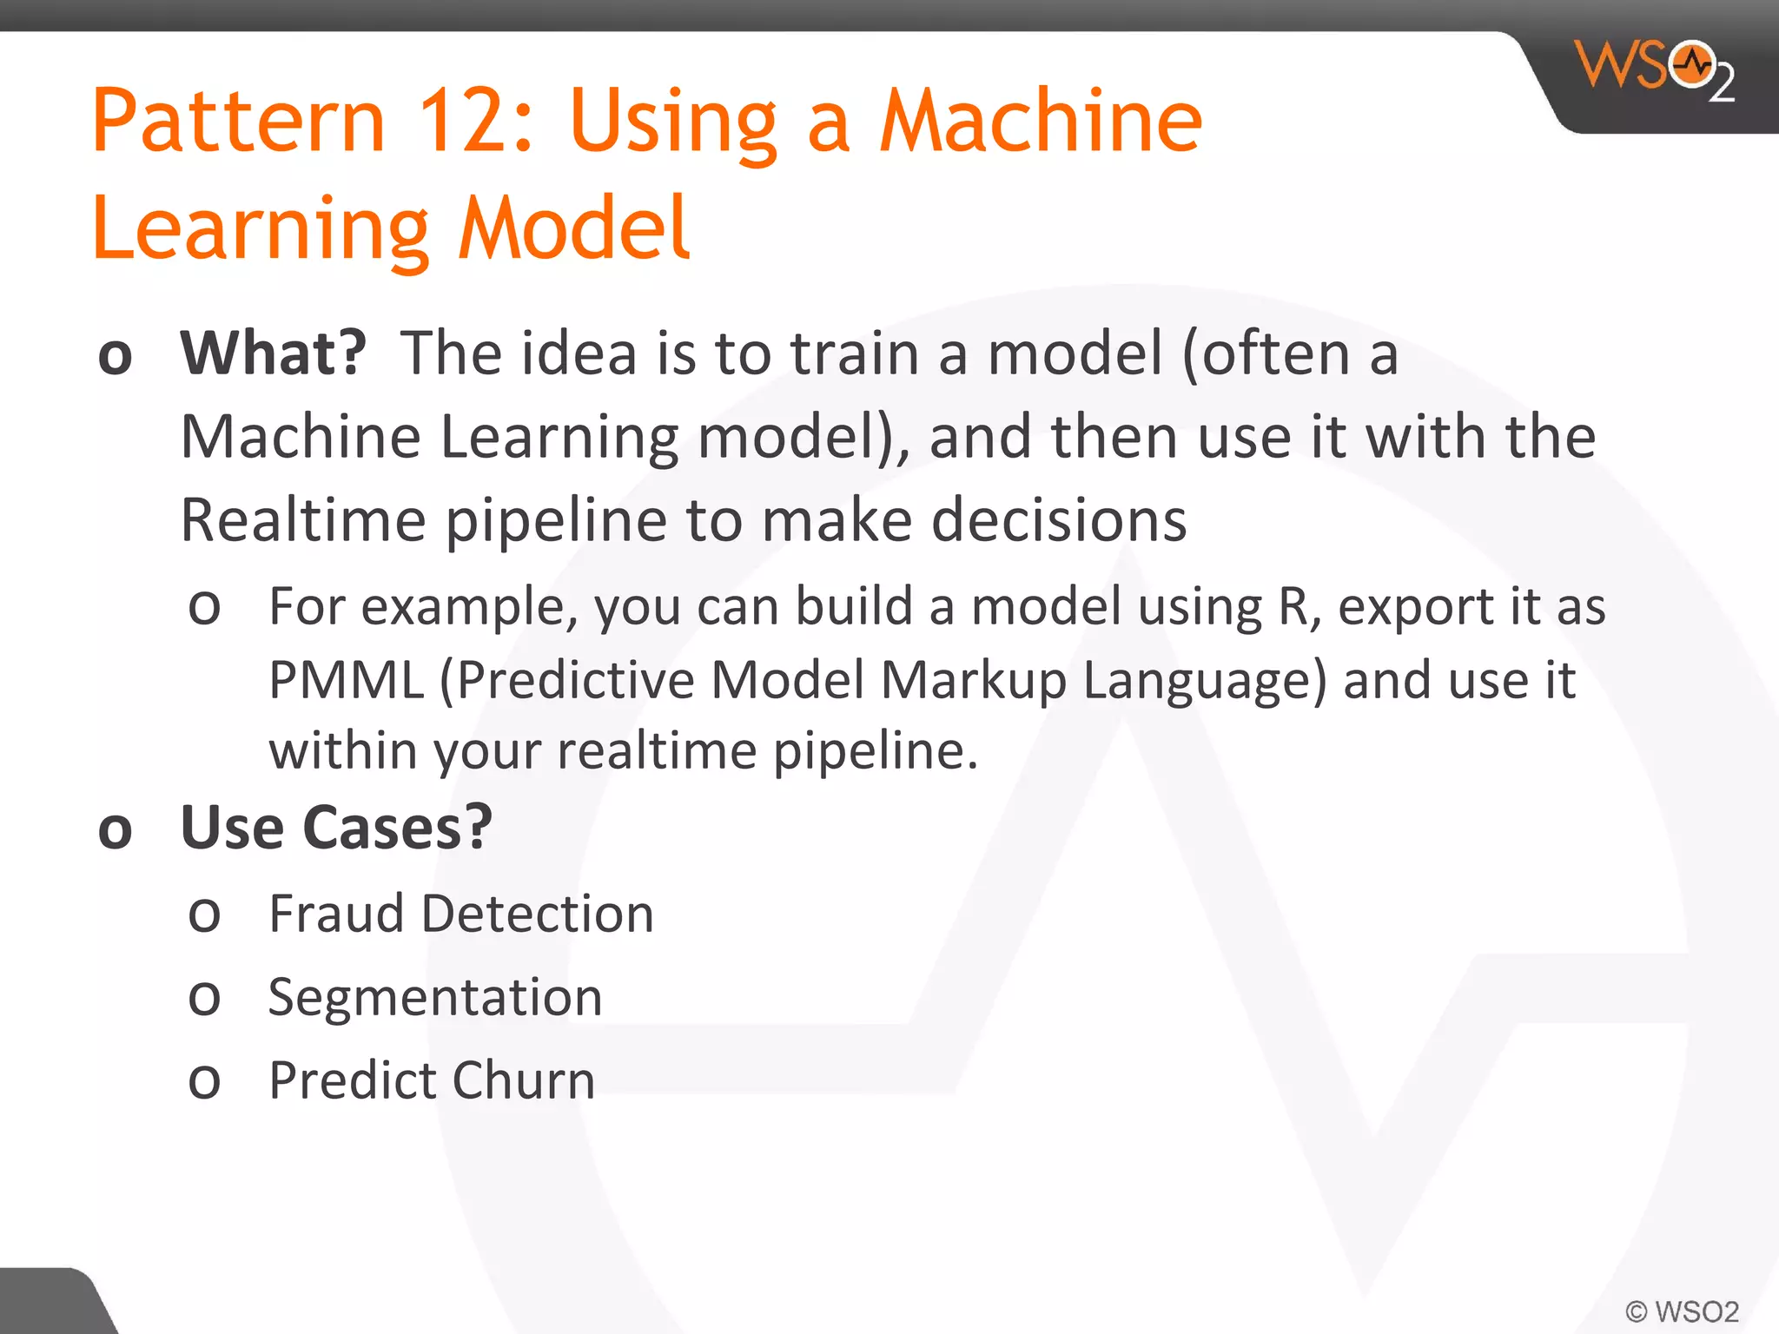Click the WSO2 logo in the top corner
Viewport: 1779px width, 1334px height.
[1655, 69]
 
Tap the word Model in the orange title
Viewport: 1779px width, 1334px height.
[573, 228]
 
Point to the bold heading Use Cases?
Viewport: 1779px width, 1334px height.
[336, 828]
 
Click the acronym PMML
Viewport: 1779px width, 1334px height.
[346, 680]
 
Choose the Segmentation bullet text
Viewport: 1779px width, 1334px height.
[435, 997]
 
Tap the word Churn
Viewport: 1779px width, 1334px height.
[524, 1080]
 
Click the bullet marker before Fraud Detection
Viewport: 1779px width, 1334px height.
[205, 916]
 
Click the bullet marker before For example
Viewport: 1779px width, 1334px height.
[205, 608]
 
